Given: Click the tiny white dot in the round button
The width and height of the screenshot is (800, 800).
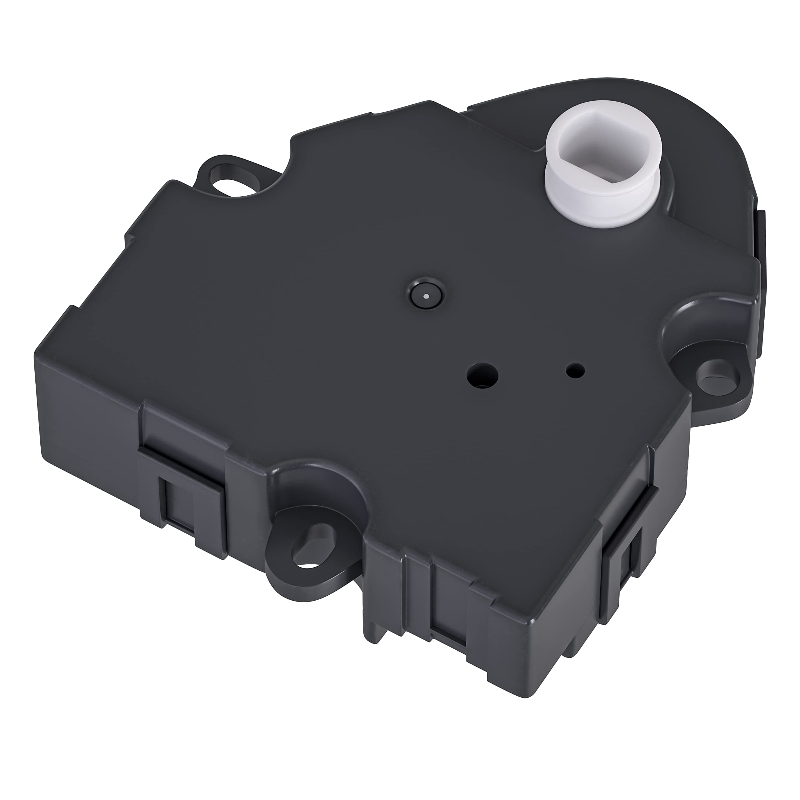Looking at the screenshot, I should click(x=426, y=297).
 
